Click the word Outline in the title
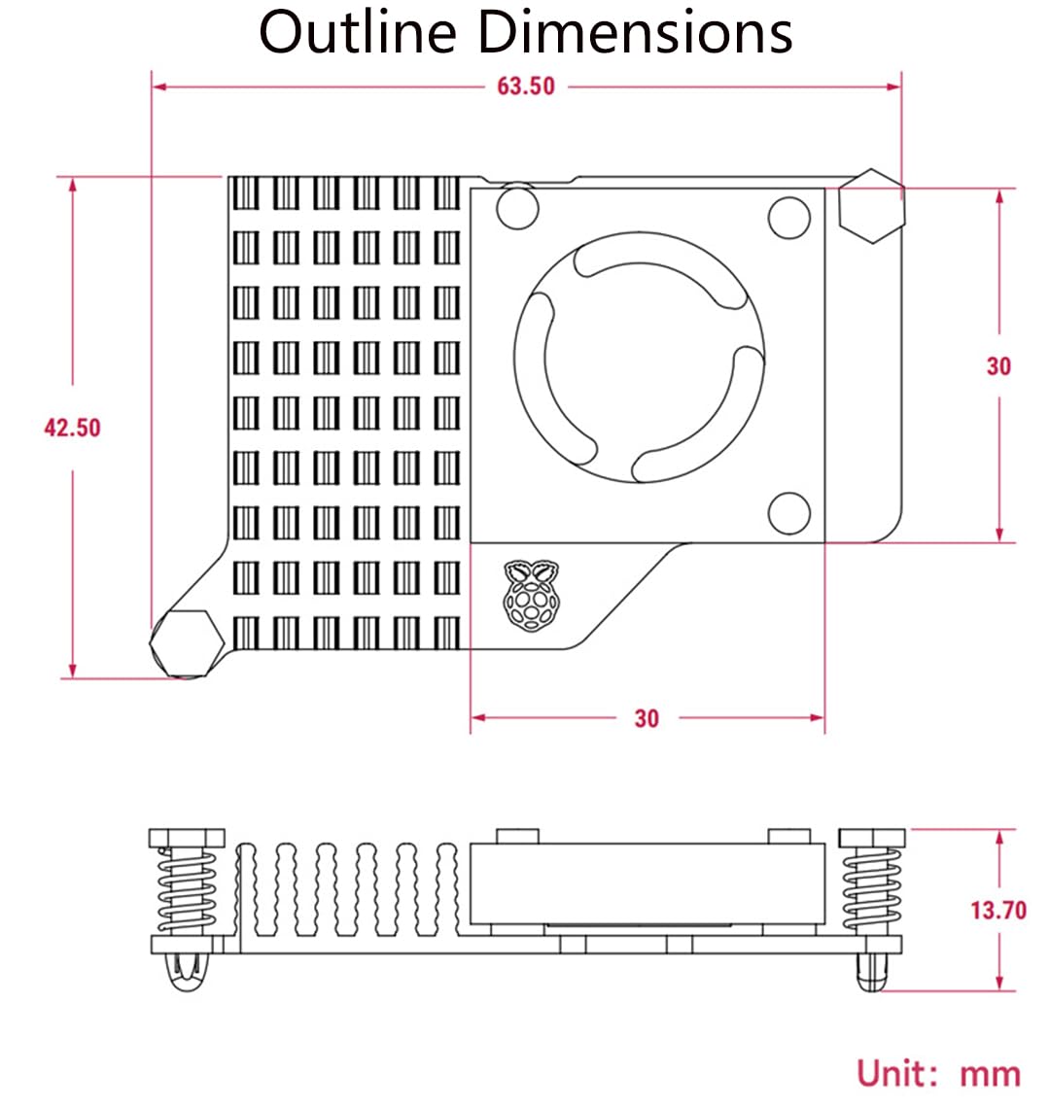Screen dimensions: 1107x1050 pos(358,32)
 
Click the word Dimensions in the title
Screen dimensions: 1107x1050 pos(632,32)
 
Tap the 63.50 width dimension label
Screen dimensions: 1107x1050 pos(526,86)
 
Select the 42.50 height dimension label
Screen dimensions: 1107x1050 pos(72,428)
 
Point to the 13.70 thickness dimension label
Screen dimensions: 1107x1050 pos(997,911)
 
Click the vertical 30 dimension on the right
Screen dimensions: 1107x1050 pos(998,366)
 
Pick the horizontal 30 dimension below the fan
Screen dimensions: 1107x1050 pos(647,718)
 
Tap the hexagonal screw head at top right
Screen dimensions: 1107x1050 pos(872,206)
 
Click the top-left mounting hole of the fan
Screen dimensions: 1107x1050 pos(517,207)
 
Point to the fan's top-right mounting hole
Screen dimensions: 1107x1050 pos(789,218)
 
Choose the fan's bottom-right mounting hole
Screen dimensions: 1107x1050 pos(789,514)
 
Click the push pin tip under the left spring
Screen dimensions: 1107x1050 pos(186,973)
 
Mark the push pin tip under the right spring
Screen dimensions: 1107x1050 pos(873,972)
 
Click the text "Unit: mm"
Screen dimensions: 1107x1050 pos(938,1074)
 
